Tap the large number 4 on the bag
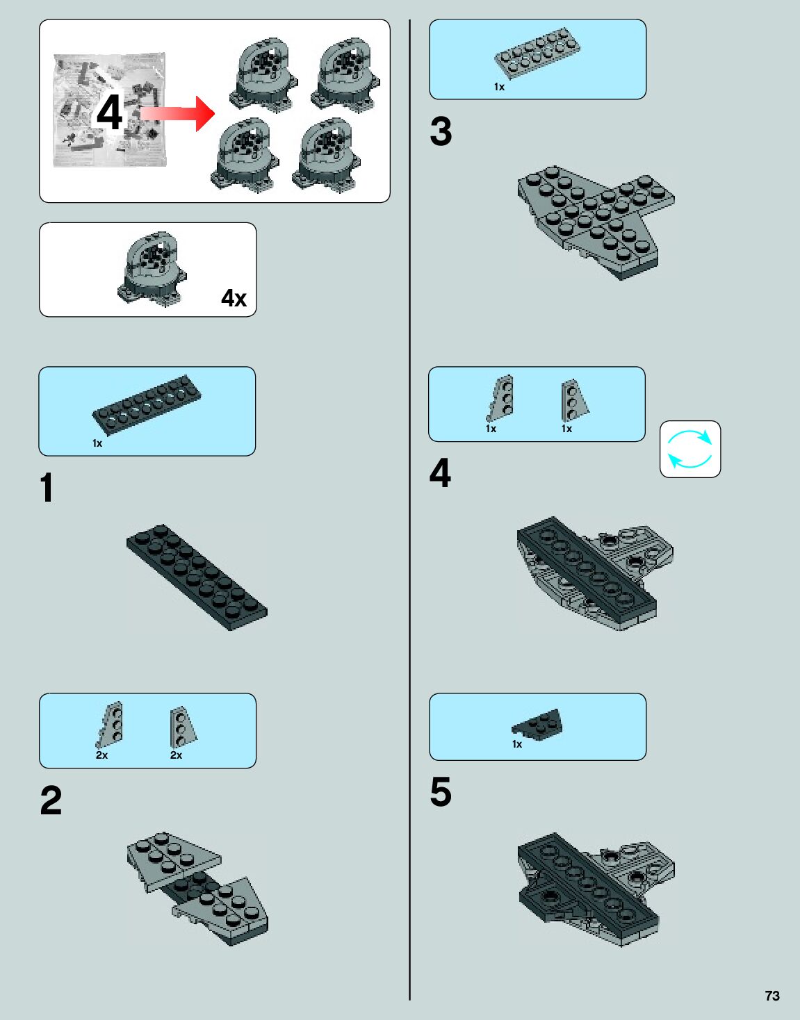(x=110, y=113)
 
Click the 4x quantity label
(x=234, y=298)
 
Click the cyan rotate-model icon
(x=689, y=450)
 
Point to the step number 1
(x=47, y=488)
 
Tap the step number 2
(x=51, y=800)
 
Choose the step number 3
(x=441, y=131)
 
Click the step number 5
(x=441, y=792)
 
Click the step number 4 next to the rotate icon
(x=440, y=472)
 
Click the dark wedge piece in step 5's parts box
(x=537, y=724)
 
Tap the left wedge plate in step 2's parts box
(x=110, y=724)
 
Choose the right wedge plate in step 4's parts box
(x=574, y=400)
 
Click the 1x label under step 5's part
(x=517, y=744)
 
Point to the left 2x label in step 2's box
(x=102, y=755)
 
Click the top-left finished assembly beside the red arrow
(x=263, y=76)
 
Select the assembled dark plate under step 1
(x=197, y=577)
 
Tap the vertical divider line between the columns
(x=410, y=510)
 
